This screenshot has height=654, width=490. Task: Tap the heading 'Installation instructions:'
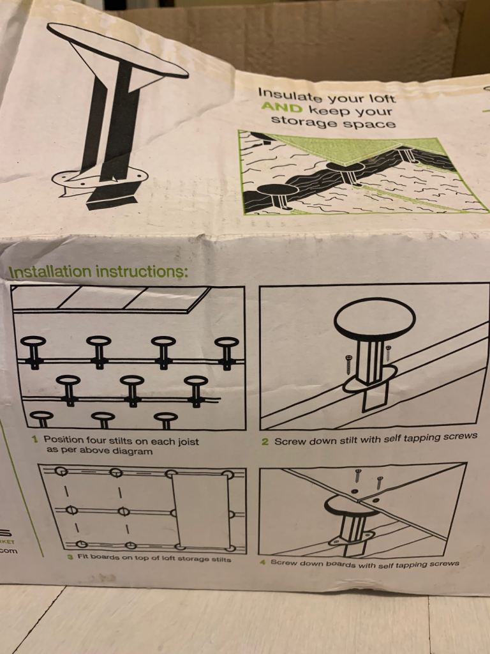(98, 271)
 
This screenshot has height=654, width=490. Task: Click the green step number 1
(35, 439)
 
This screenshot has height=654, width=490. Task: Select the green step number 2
(265, 442)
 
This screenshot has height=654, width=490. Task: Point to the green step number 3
(70, 557)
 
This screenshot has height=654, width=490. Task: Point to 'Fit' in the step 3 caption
(84, 557)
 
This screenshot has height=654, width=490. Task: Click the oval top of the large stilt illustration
(117, 49)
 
